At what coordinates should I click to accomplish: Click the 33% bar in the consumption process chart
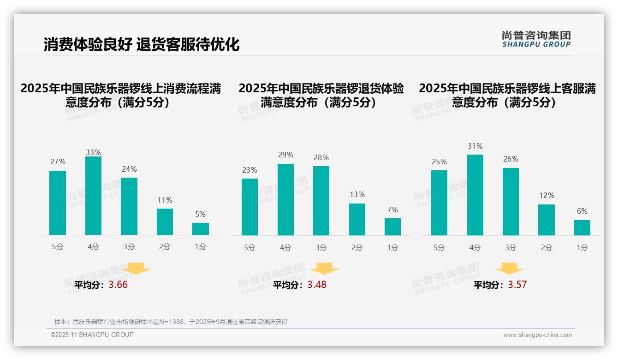93,196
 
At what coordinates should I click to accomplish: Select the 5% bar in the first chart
201,229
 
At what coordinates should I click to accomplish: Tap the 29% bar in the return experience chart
285,199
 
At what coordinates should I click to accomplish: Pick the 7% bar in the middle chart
392,227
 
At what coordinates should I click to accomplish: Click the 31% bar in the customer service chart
475,195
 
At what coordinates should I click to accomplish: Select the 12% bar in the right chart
547,220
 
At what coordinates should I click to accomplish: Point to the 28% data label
321,158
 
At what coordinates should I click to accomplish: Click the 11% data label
165,200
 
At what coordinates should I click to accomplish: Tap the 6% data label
582,211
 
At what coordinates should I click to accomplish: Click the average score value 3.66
118,285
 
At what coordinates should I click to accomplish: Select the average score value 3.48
317,285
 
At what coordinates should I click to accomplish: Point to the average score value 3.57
517,285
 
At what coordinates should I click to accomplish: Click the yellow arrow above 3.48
324,269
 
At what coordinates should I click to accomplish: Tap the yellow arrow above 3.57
509,269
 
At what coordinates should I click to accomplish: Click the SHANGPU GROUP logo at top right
536,39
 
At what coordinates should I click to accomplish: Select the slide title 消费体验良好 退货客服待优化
142,45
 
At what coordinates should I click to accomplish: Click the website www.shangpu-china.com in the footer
537,335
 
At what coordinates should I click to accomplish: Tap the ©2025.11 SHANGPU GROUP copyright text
92,335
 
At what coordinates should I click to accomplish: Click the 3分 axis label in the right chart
511,248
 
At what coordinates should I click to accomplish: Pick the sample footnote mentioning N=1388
171,322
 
